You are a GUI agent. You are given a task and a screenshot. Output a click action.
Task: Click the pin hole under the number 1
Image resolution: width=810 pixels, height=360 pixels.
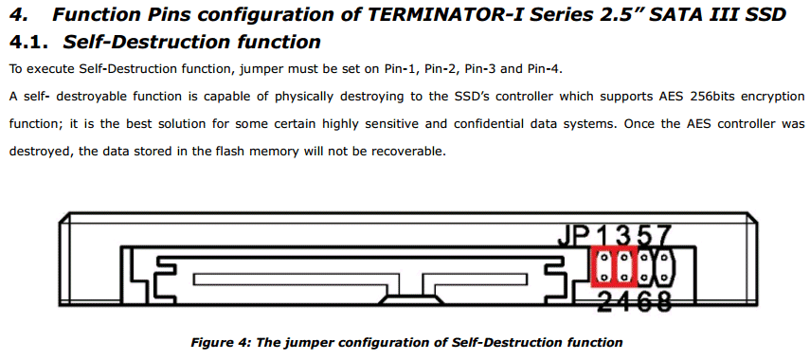coord(603,256)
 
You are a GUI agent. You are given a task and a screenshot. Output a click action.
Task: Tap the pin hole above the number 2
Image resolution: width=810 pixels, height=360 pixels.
coord(603,278)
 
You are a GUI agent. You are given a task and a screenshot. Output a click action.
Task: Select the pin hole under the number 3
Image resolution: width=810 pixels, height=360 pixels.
coord(624,256)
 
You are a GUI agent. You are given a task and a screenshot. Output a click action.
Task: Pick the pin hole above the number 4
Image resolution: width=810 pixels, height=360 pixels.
coord(624,278)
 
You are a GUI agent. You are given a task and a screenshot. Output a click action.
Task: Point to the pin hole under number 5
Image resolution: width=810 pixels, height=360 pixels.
coord(644,256)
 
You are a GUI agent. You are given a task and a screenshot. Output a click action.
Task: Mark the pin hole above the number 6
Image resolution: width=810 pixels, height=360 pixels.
coord(644,278)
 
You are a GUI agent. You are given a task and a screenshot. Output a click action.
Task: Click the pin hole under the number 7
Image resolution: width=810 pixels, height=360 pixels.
coord(663,256)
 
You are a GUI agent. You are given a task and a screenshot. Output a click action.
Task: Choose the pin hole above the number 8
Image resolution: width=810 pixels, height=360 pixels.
coord(663,278)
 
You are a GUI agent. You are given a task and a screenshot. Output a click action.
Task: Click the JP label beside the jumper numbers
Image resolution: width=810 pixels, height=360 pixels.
coord(574,237)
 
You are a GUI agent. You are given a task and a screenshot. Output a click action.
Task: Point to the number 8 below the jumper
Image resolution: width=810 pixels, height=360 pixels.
coord(663,301)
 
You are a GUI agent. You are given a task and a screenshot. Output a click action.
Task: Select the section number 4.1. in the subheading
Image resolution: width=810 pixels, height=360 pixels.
coord(30,42)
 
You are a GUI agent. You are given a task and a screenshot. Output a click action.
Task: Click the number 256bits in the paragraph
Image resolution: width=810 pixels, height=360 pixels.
coord(714,97)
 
